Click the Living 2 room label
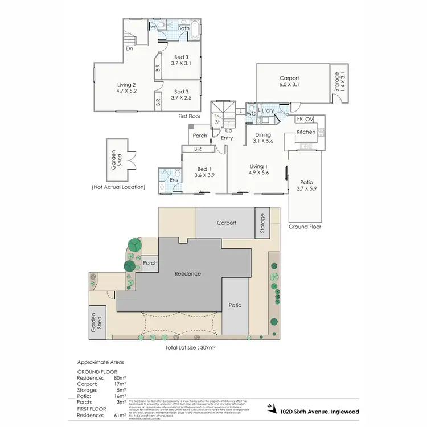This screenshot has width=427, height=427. [x=126, y=84]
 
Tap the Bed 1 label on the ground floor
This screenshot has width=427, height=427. [x=205, y=170]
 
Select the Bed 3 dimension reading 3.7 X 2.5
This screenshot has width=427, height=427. [x=181, y=98]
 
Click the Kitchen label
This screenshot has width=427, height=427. [x=306, y=132]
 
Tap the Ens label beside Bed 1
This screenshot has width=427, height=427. [x=173, y=180]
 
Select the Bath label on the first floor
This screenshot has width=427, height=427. [x=184, y=28]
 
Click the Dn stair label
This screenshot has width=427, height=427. [x=130, y=49]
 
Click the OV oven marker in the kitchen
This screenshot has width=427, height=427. [x=309, y=119]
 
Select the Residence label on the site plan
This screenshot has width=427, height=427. [x=188, y=273]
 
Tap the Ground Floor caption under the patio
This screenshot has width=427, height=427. [x=306, y=226]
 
